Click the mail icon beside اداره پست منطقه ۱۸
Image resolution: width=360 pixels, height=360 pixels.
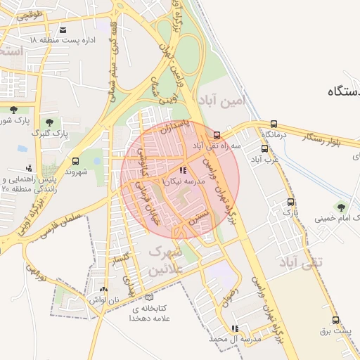(x=63, y=30)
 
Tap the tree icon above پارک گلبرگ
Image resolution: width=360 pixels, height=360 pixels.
(x=49, y=122)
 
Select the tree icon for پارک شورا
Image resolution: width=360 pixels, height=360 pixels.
(x=13, y=109)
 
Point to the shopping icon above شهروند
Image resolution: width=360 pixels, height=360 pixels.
(x=75, y=161)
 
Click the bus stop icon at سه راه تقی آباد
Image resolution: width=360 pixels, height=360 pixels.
(x=217, y=135)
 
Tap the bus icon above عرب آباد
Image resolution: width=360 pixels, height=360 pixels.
(x=265, y=148)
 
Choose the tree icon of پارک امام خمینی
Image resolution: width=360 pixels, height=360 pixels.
(x=341, y=207)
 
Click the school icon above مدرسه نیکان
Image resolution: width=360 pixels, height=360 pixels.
(x=183, y=170)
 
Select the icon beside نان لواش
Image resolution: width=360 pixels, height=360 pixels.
(x=104, y=289)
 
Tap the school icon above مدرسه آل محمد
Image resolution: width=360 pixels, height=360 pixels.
(x=235, y=328)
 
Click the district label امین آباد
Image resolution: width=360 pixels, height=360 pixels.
(x=224, y=101)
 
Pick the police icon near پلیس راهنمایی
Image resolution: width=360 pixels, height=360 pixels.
(x=29, y=168)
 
